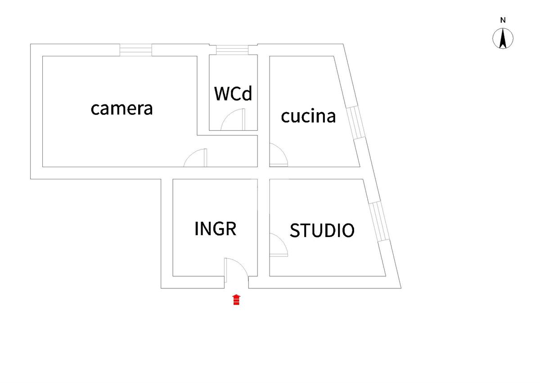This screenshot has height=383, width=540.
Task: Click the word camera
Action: click(122, 109)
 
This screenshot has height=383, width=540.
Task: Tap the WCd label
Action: click(233, 93)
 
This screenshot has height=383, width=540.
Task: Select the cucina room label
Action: click(308, 116)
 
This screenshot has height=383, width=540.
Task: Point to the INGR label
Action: click(215, 228)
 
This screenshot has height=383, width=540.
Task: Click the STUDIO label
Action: click(322, 230)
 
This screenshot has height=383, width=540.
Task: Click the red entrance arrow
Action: click(237, 300)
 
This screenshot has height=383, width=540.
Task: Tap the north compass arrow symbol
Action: click(503, 38)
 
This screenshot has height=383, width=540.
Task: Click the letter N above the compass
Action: click(503, 20)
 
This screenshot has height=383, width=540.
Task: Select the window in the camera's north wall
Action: click(136, 50)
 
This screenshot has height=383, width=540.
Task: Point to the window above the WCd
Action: click(232, 50)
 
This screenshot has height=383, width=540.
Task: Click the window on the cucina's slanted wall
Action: click(355, 123)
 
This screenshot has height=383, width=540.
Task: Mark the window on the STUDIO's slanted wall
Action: click(379, 221)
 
